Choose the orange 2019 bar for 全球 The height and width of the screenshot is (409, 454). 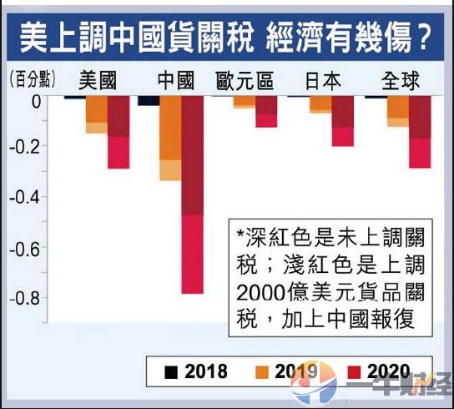pos(397,111)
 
